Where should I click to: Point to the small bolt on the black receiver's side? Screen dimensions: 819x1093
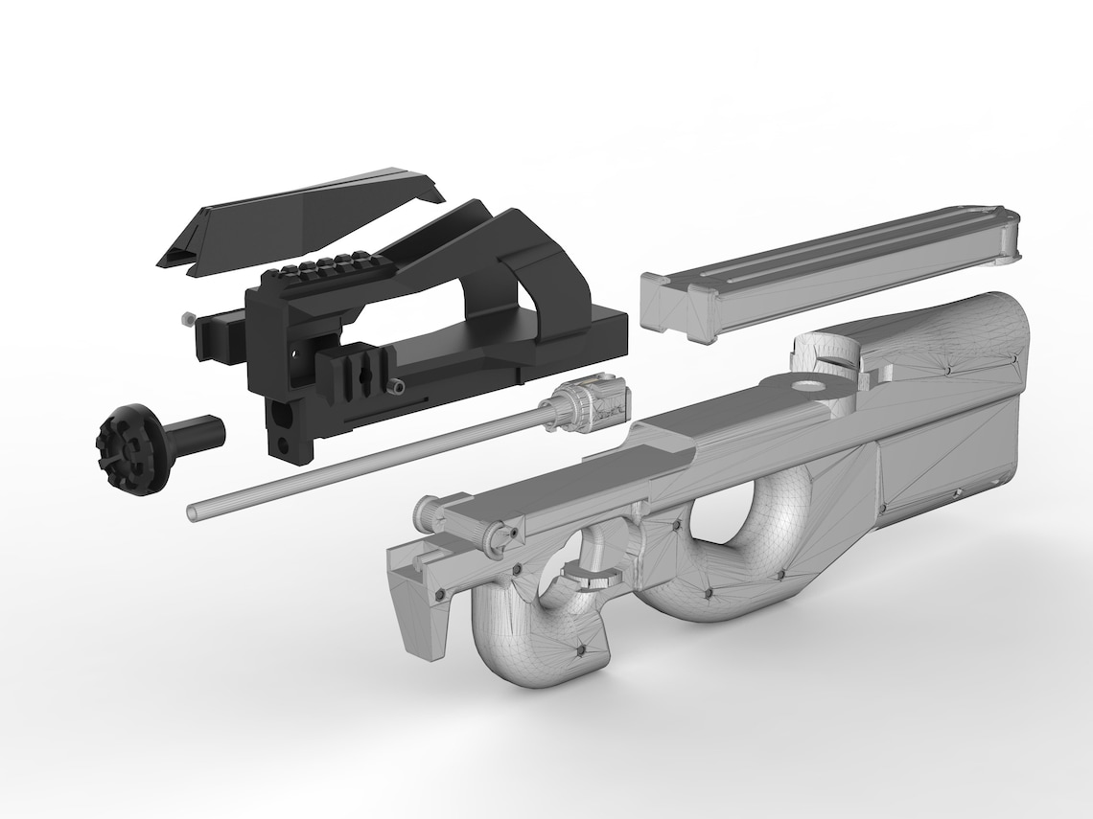pyautogui.click(x=397, y=386)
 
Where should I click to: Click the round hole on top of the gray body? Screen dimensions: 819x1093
pyautogui.click(x=811, y=386)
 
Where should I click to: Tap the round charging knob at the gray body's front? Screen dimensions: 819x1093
pyautogui.click(x=424, y=515)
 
